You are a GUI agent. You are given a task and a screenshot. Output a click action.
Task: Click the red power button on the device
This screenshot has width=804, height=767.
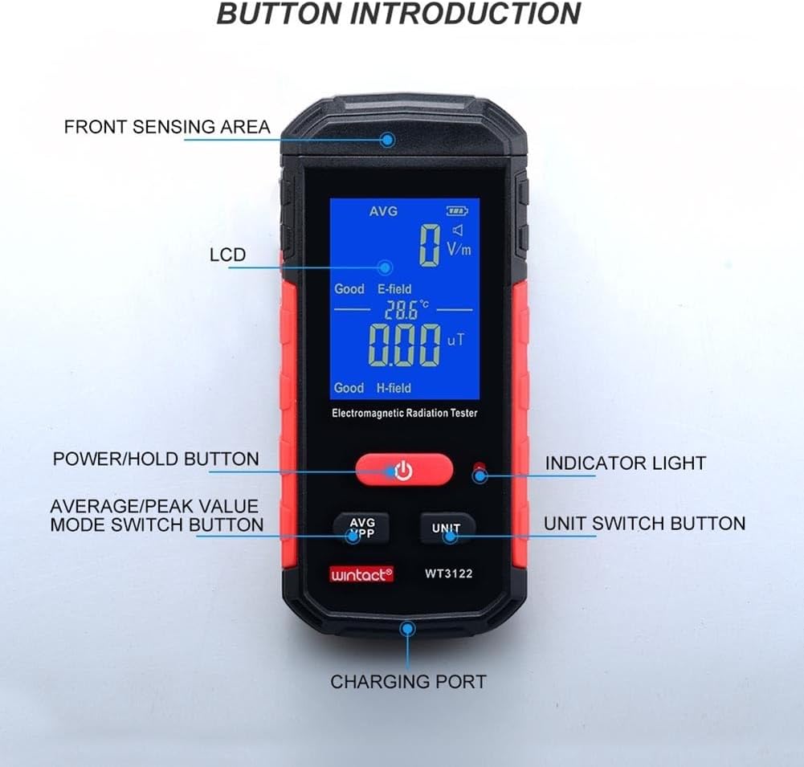pos(404,470)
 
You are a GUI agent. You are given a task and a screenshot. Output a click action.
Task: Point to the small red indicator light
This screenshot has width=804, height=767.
pos(479,468)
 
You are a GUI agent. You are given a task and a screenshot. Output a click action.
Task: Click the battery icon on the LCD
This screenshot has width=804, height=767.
pos(456,211)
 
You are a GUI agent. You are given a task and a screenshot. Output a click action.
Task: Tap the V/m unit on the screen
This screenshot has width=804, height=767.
pos(459,249)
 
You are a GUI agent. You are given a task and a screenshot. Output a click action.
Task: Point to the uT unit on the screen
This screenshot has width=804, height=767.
pos(456,340)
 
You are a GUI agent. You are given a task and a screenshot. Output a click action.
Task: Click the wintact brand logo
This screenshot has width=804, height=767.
pos(361,573)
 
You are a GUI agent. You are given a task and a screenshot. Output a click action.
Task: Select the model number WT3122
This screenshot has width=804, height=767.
pos(447,573)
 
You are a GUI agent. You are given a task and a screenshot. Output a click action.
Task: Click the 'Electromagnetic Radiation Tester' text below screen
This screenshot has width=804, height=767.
pos(405,413)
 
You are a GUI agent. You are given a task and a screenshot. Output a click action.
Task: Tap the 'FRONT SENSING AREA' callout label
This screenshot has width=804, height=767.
pos(167,127)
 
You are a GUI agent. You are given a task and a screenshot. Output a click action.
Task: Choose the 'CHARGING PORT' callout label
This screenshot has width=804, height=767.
pos(408,682)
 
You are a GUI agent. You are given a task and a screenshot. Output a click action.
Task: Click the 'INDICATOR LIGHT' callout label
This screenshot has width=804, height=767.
pos(625,463)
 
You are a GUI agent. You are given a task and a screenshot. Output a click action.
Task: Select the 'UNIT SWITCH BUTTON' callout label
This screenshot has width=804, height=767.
pos(644,524)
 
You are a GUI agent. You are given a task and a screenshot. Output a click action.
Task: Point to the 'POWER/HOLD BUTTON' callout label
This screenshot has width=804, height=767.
pos(156,459)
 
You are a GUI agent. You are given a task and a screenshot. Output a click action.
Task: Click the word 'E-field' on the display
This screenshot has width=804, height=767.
pos(394,289)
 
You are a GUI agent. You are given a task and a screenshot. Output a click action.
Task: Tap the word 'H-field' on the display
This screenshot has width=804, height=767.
pos(394,388)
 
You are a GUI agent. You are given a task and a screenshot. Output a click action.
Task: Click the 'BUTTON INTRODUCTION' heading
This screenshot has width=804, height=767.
pos(398,14)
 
